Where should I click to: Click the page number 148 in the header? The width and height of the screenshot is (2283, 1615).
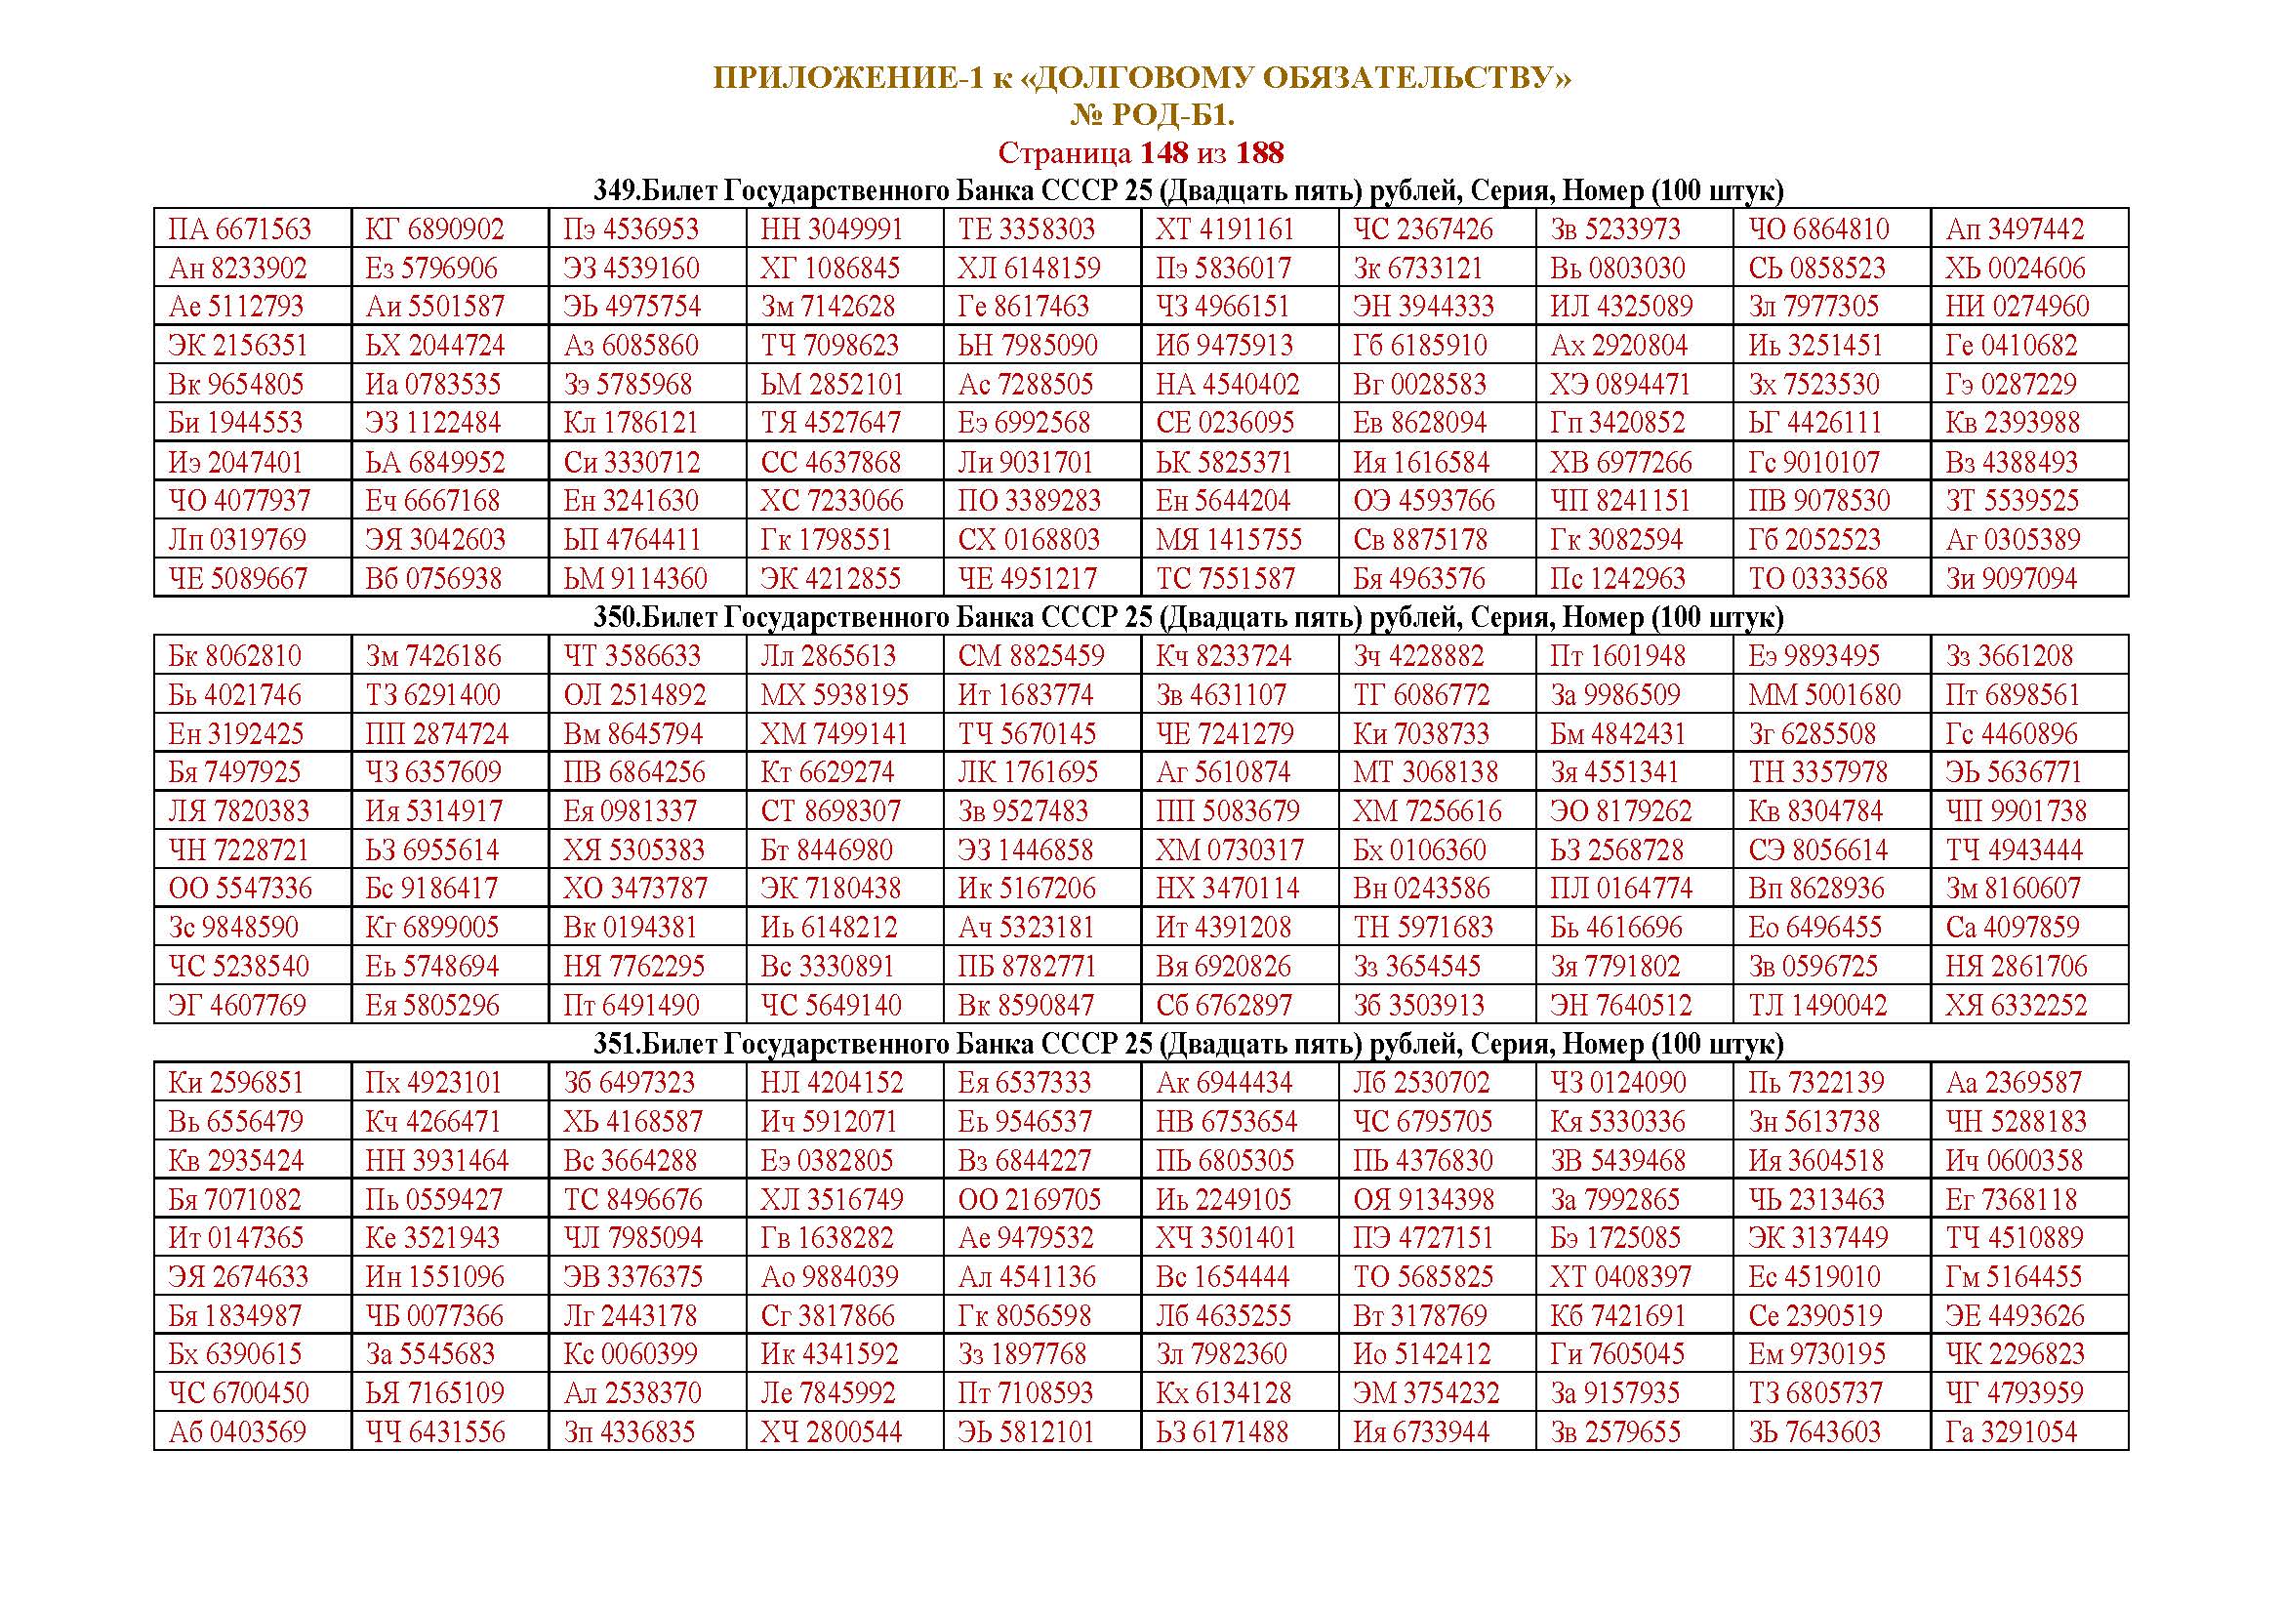(x=1163, y=153)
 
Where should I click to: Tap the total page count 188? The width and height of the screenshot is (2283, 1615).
(x=1260, y=153)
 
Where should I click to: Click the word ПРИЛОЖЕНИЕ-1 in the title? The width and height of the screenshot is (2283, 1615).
(x=846, y=78)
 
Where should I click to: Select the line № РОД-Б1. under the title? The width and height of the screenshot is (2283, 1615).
(x=1152, y=116)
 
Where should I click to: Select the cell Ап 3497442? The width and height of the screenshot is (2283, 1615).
(x=2015, y=229)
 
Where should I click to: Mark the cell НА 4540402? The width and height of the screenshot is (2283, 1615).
(x=1227, y=385)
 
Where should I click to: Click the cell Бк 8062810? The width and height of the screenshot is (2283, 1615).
(x=234, y=656)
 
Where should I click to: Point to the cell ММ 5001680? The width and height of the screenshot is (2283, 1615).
(x=1823, y=695)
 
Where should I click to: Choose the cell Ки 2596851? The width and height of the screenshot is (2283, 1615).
(x=235, y=1083)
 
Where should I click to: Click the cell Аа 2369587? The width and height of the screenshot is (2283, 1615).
(x=2013, y=1083)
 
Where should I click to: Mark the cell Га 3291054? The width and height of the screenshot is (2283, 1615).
(x=2011, y=1433)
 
